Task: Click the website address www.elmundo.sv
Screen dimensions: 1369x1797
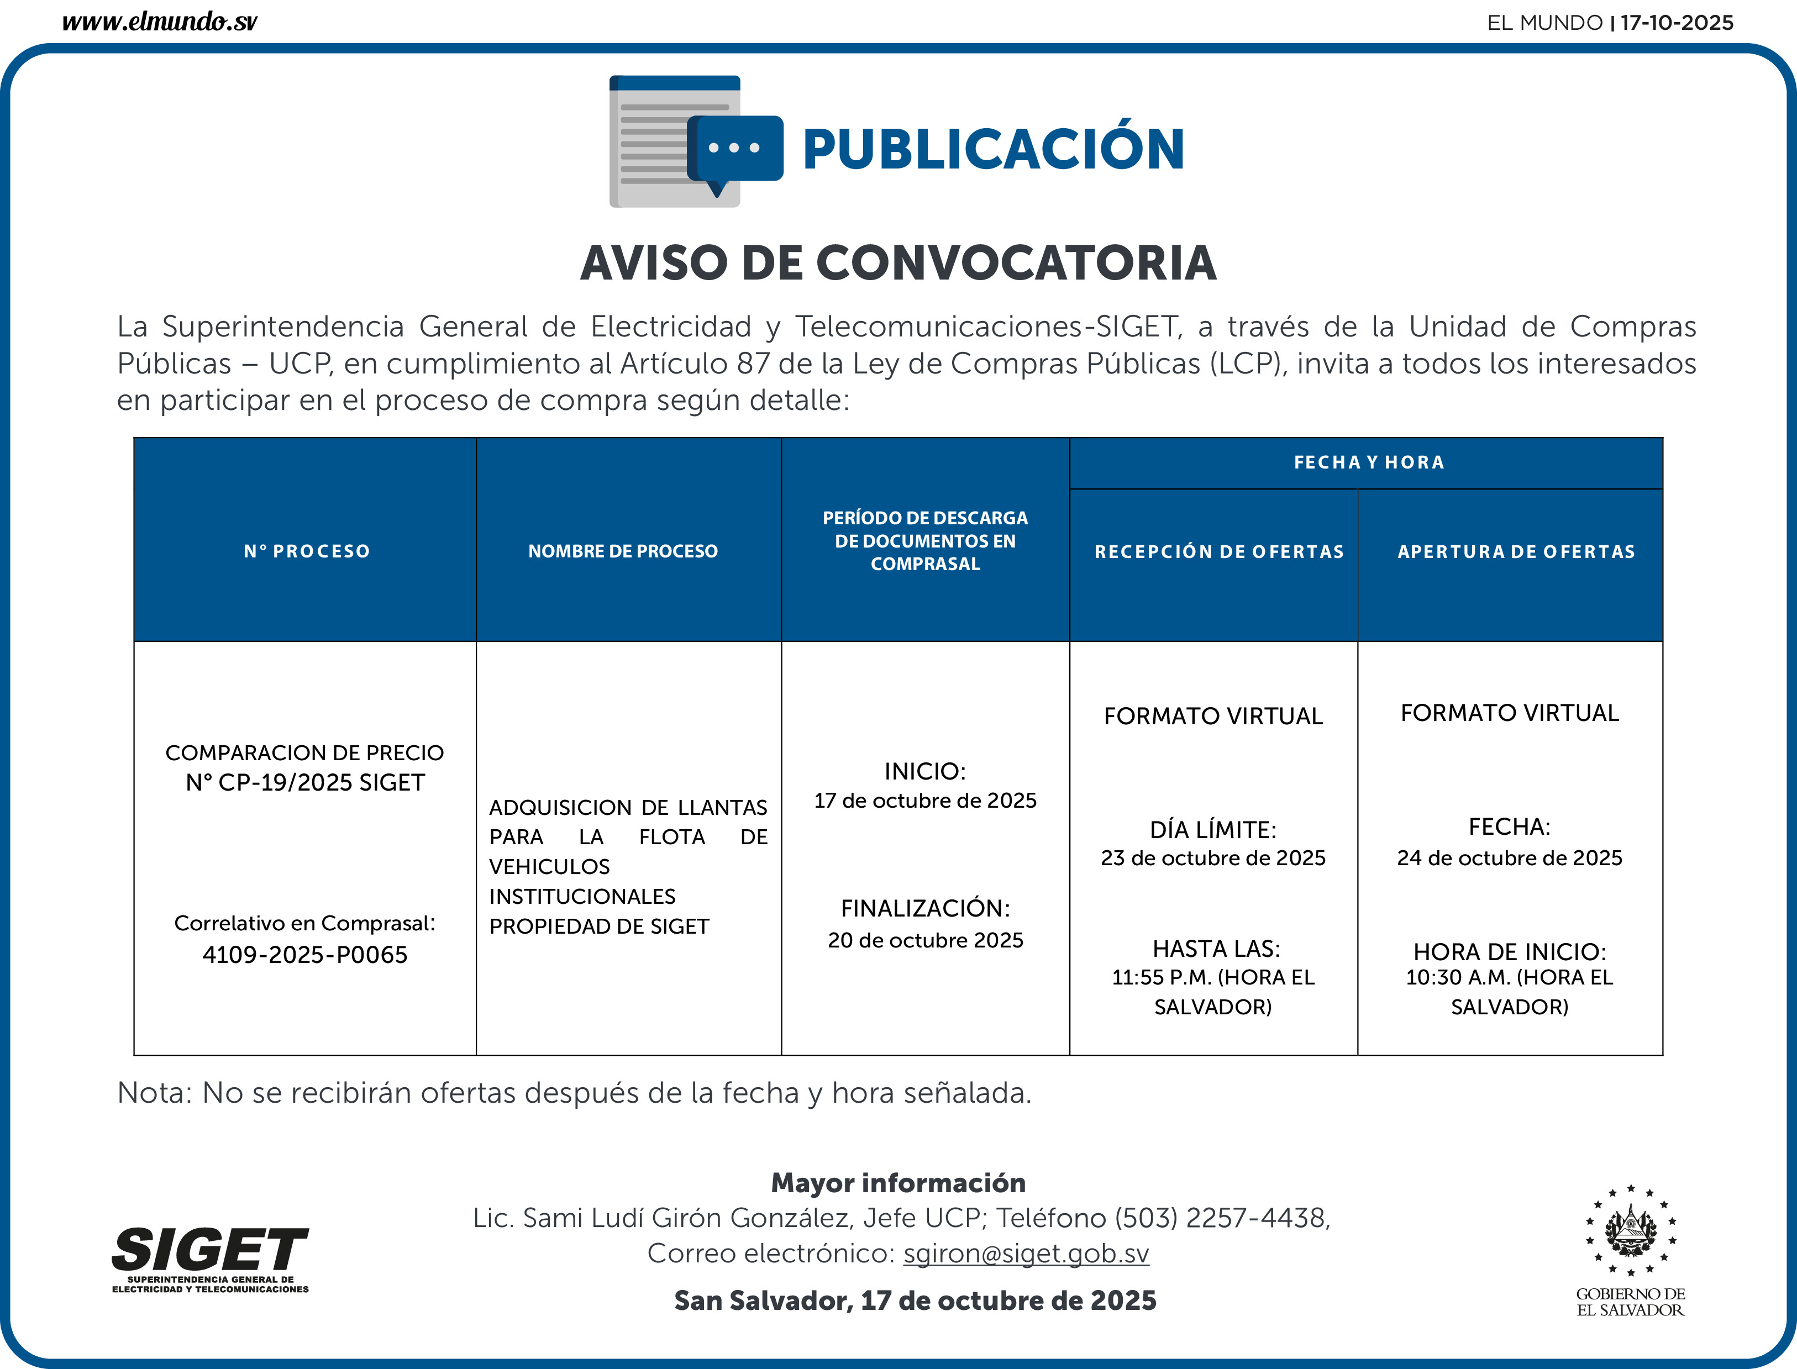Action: [x=160, y=22]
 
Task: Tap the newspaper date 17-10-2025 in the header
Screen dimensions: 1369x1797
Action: [x=1677, y=23]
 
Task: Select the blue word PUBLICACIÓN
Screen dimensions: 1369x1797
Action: [x=992, y=150]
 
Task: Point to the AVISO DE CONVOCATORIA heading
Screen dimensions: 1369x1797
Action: [x=898, y=263]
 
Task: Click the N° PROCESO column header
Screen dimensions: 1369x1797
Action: [x=307, y=552]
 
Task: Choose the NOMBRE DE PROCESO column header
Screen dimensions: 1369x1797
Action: [x=623, y=552]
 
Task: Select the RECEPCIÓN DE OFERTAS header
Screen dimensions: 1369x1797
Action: [x=1218, y=552]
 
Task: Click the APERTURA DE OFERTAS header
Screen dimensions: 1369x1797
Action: [x=1516, y=552]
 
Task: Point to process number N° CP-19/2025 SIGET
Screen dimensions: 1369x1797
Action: [x=305, y=783]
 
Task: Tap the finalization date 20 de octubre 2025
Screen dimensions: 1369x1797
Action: [x=925, y=940]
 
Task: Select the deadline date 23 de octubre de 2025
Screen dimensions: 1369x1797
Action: [x=1213, y=858]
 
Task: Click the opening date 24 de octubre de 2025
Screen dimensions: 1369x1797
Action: [x=1509, y=858]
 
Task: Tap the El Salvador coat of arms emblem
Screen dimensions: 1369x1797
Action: [x=1630, y=1230]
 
